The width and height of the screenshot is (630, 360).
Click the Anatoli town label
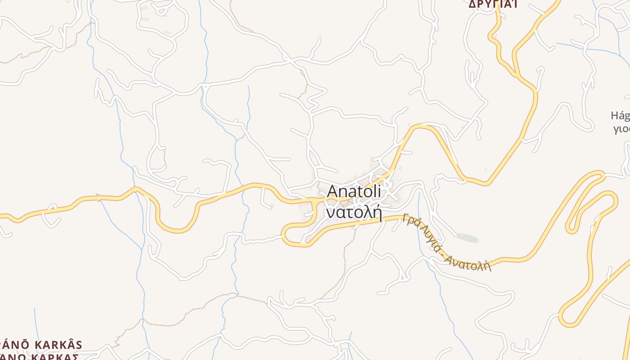click(354, 191)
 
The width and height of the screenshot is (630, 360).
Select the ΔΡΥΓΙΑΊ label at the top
click(493, 4)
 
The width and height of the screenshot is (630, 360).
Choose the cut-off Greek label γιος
click(621, 130)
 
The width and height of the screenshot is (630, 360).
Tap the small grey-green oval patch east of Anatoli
click(467, 237)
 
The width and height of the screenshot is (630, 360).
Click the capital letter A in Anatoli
click(332, 191)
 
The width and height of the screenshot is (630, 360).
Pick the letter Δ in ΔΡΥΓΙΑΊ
click(472, 4)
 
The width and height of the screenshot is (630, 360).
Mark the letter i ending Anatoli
click(379, 191)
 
